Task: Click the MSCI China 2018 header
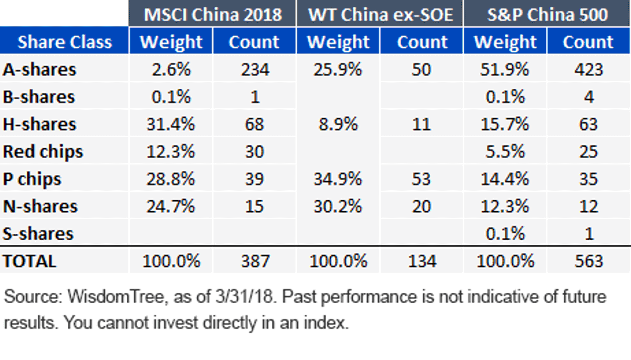point(212,14)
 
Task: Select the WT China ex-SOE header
point(380,14)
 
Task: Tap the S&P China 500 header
point(547,14)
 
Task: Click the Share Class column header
point(65,42)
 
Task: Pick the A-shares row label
point(39,69)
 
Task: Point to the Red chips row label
point(43,152)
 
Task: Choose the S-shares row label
point(38,234)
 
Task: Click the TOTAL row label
point(29,261)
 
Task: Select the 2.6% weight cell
point(171,69)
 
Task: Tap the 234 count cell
point(255,69)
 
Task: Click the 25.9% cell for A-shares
point(338,69)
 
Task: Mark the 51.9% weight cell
point(504,69)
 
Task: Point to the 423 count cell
point(589,69)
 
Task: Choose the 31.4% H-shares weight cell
point(170,124)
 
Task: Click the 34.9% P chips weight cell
point(338,179)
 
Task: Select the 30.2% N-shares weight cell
point(338,206)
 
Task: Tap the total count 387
point(255,261)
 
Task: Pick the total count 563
point(589,261)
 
